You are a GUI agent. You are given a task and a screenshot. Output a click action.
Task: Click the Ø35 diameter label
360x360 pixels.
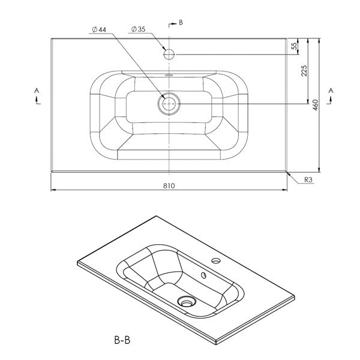click(x=138, y=28)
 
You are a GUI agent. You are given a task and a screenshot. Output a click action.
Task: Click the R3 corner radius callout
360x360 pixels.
click(x=309, y=179)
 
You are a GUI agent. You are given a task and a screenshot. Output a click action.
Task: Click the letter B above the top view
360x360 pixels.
click(x=180, y=23)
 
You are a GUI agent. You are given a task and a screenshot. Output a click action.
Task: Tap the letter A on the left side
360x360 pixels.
click(x=37, y=90)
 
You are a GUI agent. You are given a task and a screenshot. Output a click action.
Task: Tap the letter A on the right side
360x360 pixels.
click(x=331, y=90)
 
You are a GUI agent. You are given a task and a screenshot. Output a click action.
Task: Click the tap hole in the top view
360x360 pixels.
click(x=170, y=54)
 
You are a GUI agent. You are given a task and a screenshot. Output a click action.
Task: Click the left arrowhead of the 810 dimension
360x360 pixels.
click(x=53, y=191)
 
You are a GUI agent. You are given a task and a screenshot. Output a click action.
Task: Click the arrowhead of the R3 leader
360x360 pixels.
click(x=289, y=173)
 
